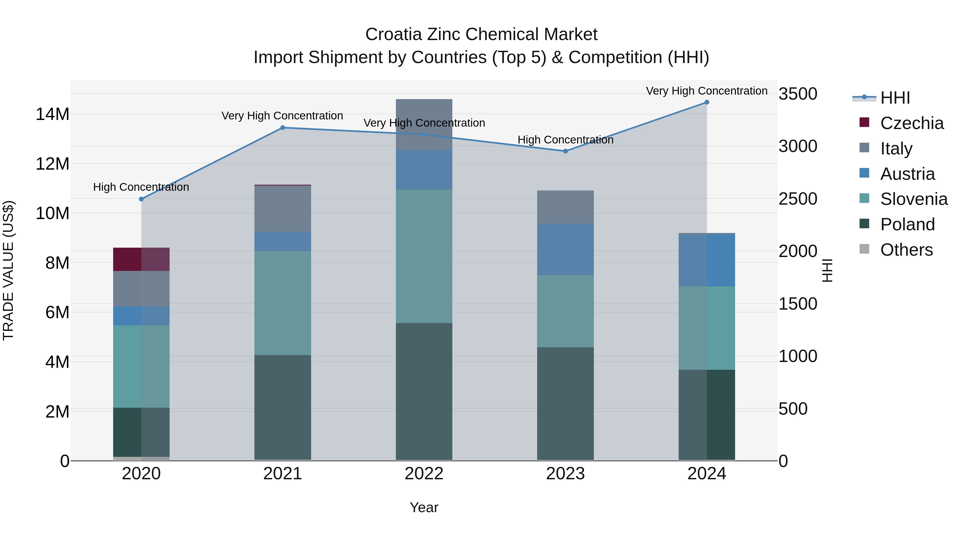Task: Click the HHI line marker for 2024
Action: coord(706,102)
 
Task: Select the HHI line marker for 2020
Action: coord(141,199)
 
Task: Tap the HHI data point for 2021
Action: coord(283,128)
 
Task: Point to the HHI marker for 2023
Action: coord(565,151)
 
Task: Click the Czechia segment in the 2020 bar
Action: coord(141,259)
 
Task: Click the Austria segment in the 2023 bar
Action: coord(565,250)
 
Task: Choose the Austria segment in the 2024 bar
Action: coord(706,260)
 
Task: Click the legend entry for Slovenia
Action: coord(914,199)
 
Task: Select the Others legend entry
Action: coord(906,250)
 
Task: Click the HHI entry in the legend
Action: coord(895,98)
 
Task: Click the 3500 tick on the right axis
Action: coord(797,94)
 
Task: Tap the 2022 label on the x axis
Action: coord(424,473)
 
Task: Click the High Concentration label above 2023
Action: coord(565,140)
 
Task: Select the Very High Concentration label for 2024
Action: coord(706,91)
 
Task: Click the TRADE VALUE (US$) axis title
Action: coord(8,270)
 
